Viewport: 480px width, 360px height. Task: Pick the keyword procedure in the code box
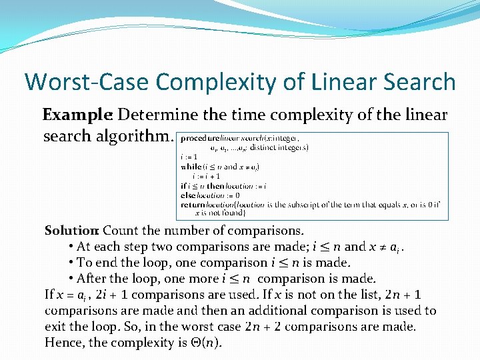[x=200, y=138]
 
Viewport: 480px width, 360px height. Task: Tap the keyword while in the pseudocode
[x=191, y=167]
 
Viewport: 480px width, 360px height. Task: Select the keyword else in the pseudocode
[x=188, y=195]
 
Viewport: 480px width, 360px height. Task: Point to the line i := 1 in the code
[x=190, y=157]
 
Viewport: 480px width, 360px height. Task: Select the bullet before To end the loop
[x=71, y=263]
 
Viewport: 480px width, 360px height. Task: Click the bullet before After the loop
[x=71, y=279]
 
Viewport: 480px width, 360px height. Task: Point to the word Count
[x=120, y=231]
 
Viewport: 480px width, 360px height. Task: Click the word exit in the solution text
[x=56, y=327]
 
